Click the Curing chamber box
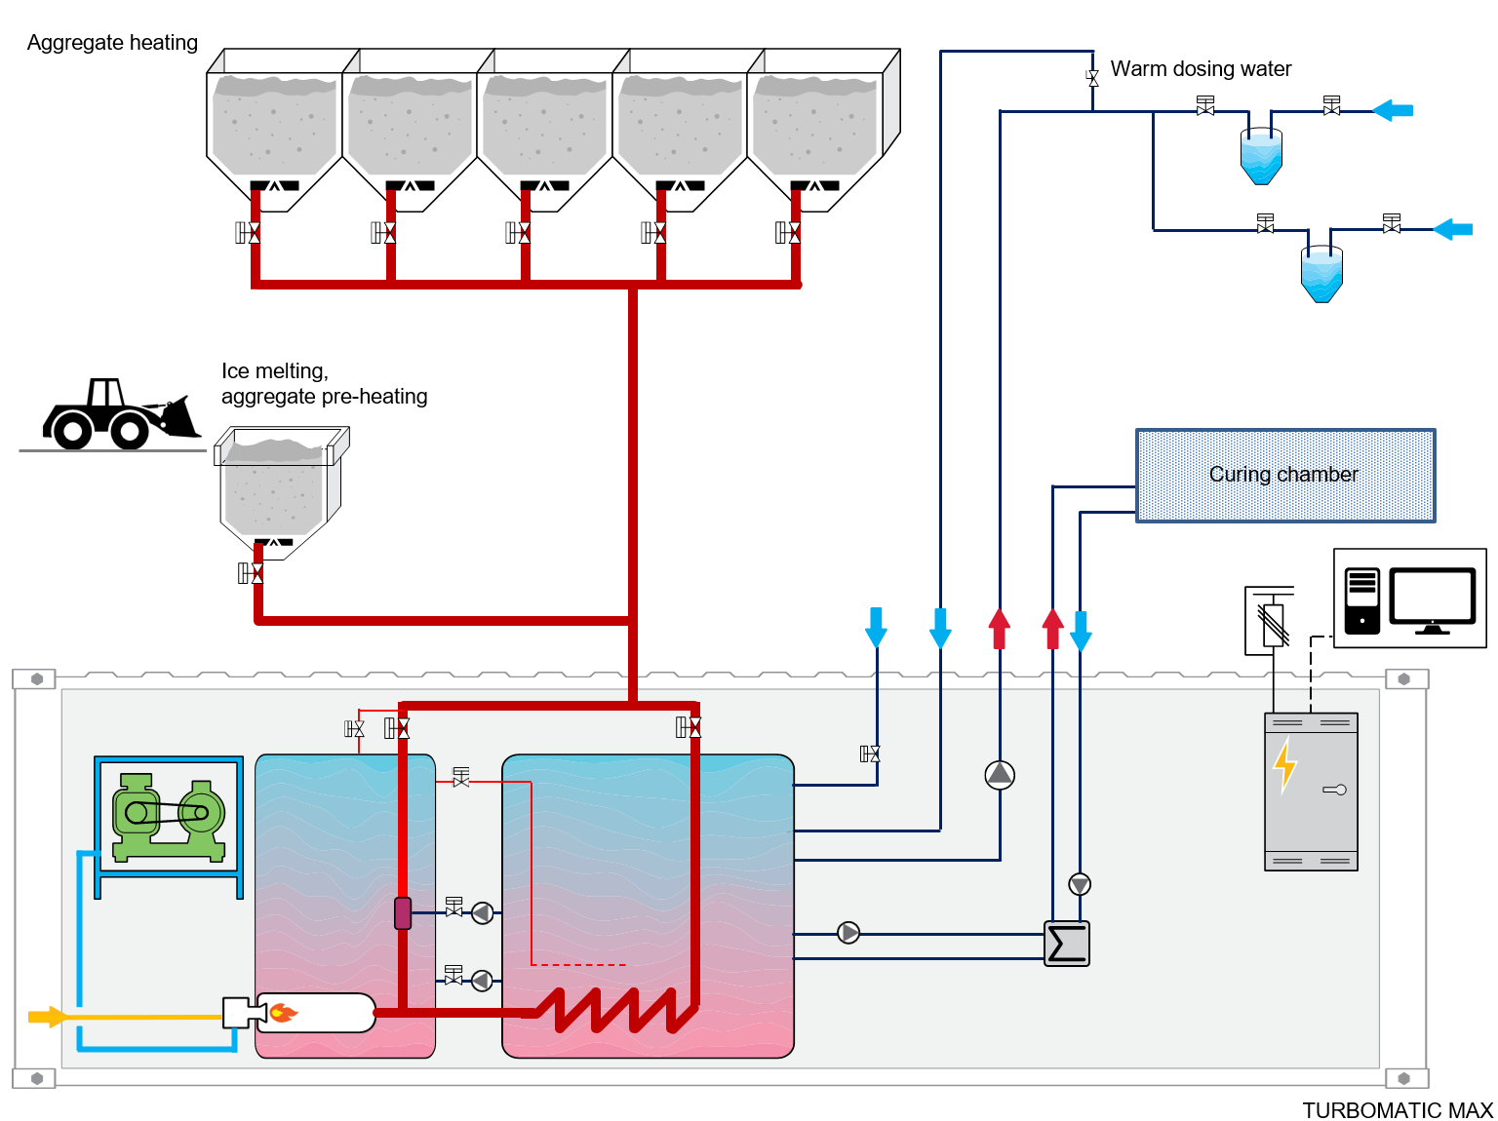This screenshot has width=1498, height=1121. (x=1284, y=476)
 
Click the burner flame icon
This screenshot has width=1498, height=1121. (x=283, y=1013)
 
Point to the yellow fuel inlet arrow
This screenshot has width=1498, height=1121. (x=47, y=1017)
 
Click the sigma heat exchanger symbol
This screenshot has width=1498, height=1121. (x=1067, y=944)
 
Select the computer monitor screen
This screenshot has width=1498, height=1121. (x=1432, y=598)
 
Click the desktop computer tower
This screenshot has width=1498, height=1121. (x=1361, y=600)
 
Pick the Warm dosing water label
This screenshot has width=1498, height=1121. (x=1201, y=69)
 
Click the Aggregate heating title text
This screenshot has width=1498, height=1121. (x=112, y=43)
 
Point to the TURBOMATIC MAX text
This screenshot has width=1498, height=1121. (x=1397, y=1110)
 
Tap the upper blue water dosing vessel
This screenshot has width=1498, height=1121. (x=1261, y=156)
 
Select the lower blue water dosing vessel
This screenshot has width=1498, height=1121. (x=1321, y=274)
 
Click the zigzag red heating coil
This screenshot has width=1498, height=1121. (x=614, y=1010)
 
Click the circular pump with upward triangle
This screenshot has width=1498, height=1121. (x=1000, y=775)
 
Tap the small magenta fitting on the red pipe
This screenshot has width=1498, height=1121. (x=403, y=912)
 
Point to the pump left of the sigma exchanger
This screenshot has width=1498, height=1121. (x=848, y=933)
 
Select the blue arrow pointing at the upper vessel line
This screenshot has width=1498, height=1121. (x=1393, y=110)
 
